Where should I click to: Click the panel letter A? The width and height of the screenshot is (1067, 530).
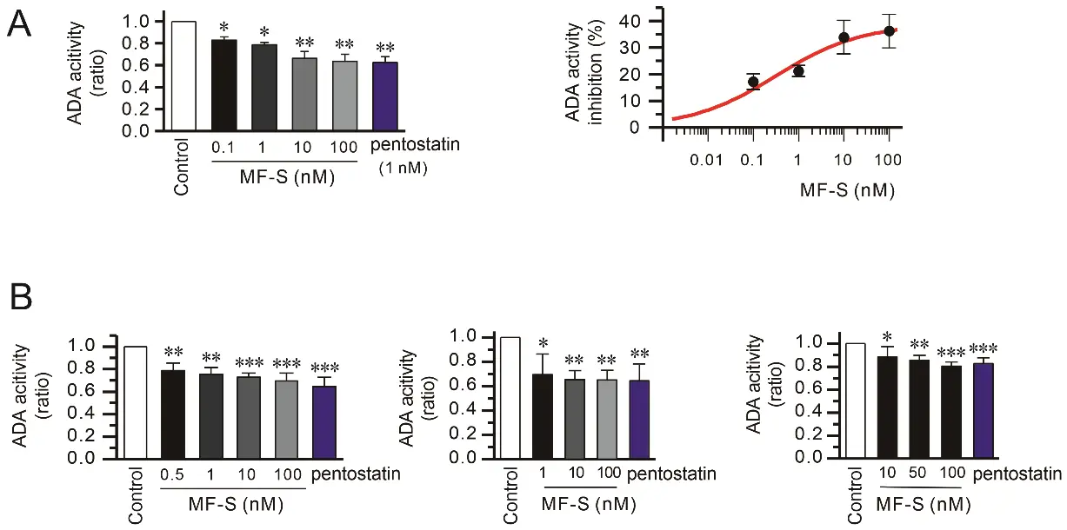pos(20,23)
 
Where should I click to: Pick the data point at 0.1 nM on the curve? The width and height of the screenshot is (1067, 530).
pos(753,82)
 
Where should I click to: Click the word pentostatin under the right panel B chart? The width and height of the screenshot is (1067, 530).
pos(1018,474)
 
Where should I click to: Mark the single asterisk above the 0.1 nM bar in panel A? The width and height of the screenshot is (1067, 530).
pos(224,29)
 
